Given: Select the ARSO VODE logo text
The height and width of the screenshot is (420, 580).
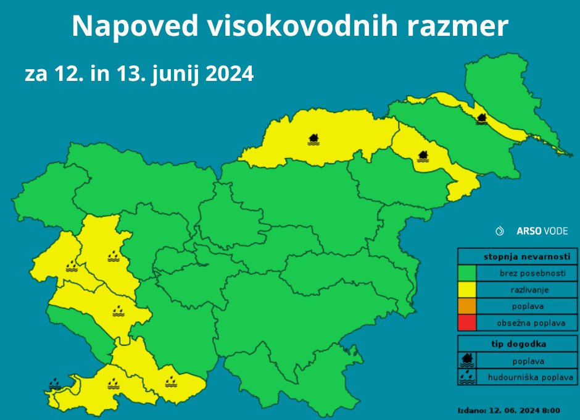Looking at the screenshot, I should [542, 231].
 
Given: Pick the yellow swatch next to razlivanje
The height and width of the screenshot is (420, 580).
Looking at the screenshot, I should [467, 289].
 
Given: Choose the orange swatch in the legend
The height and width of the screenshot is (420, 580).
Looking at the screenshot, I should [467, 306].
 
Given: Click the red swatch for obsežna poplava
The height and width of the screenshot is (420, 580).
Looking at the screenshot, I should [467, 322].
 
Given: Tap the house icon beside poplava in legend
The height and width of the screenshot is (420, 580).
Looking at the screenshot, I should [467, 359].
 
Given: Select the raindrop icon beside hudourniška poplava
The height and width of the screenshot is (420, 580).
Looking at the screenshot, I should [467, 376].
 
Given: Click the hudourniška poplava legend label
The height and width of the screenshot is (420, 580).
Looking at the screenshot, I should [530, 377].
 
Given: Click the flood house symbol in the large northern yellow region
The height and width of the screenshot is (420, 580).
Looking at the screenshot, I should [313, 139].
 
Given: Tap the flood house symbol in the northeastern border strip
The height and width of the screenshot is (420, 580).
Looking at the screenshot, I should [481, 119].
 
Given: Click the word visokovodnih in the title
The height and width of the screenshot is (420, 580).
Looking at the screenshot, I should [295, 27].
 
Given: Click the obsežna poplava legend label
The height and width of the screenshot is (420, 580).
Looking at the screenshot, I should [530, 322].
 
